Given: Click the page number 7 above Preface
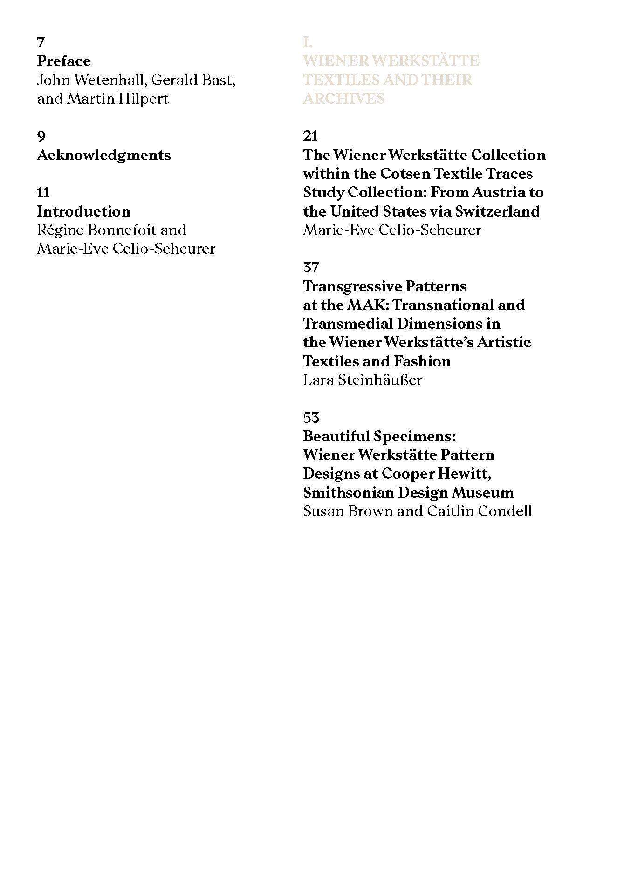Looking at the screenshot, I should coord(41,42).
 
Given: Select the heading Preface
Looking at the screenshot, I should coord(64,61).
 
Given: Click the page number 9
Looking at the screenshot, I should coord(41,136).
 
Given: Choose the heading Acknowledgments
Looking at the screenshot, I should coord(104,155).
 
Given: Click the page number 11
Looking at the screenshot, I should coord(43,193).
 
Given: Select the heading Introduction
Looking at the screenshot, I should coord(84,211).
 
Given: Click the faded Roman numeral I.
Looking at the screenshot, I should coord(307,43).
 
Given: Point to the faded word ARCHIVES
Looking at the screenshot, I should coord(344,99).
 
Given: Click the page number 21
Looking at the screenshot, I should coord(310,136).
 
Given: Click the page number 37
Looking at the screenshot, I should coord(311,268).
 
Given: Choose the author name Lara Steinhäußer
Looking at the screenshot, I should coord(363,380).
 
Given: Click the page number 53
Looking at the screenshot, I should coord(311,418).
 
